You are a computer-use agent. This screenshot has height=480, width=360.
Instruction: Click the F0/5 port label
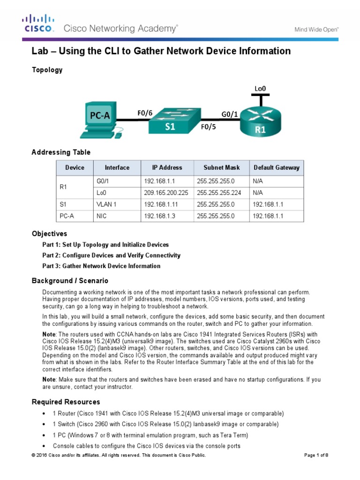210,127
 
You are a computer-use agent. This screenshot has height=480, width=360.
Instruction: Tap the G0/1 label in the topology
229,113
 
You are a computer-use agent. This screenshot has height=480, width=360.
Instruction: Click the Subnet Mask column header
221,168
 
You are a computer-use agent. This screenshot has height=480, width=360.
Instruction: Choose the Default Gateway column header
276,168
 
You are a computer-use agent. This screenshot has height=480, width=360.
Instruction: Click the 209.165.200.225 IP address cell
166,193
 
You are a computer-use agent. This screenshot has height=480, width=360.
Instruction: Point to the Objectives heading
49,233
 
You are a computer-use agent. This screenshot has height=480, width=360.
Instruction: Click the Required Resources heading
66,402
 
